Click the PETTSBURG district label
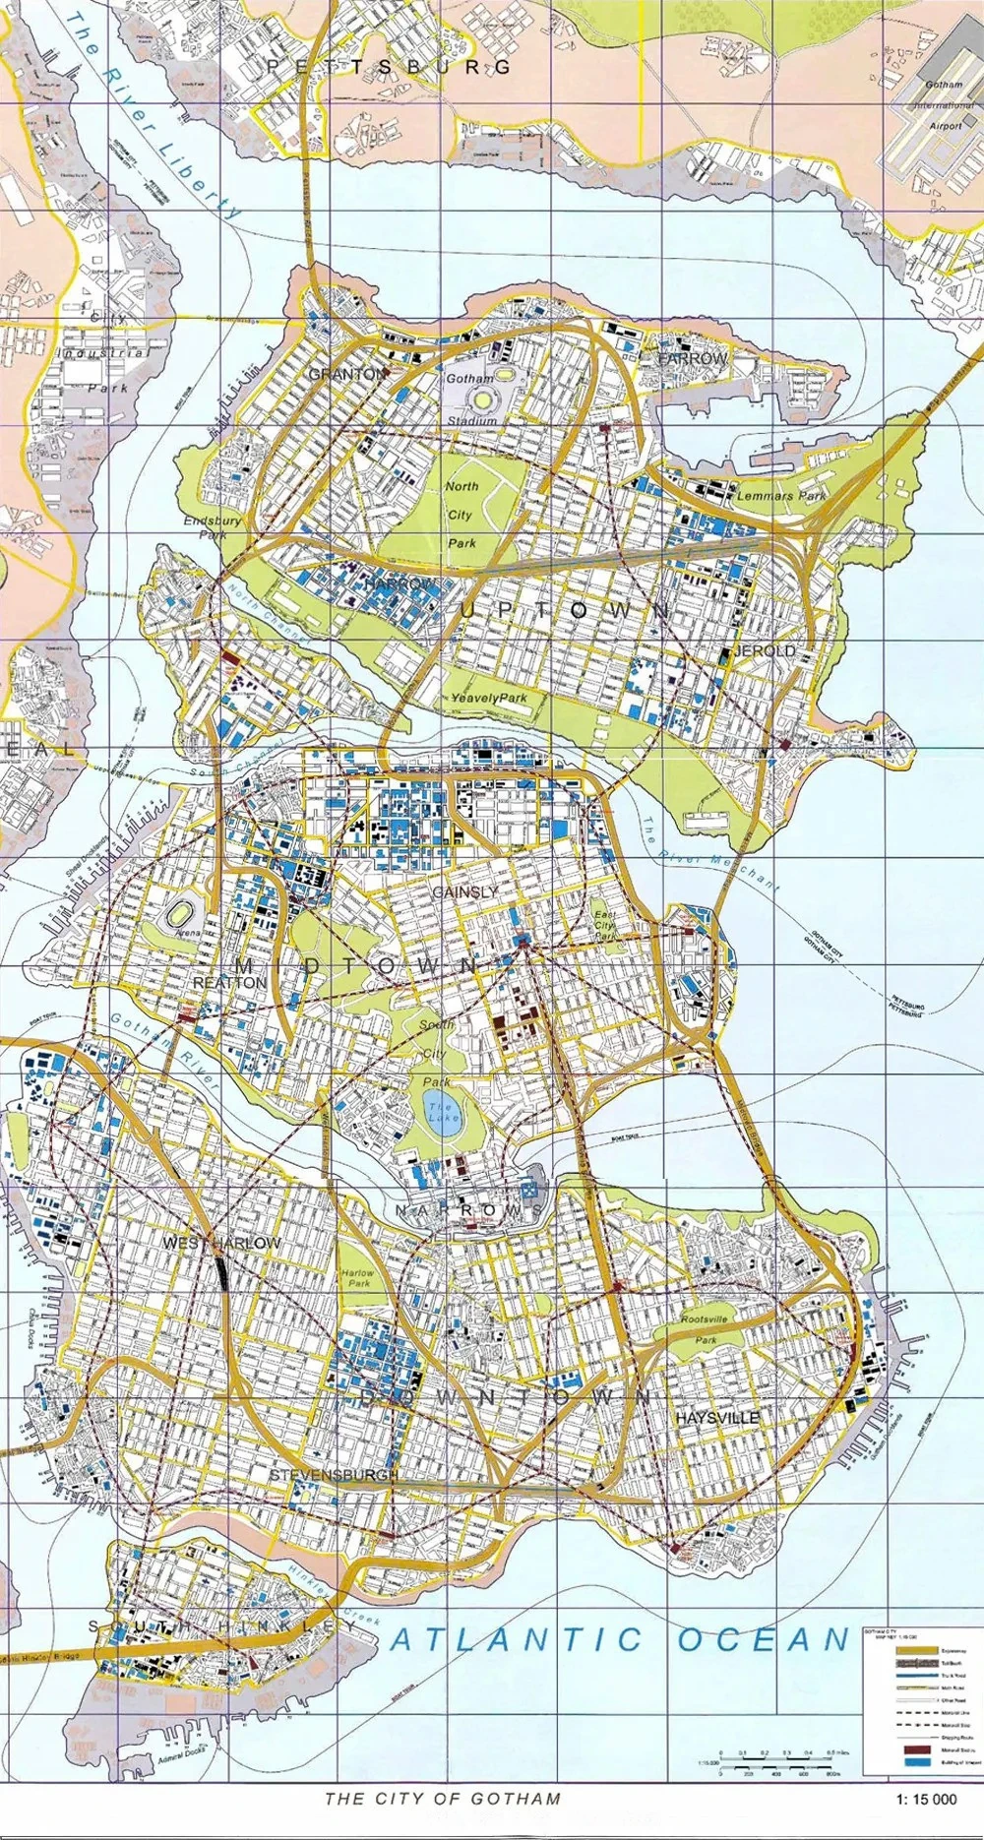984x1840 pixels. (389, 67)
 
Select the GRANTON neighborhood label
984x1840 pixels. (347, 374)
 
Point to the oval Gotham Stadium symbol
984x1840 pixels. (485, 399)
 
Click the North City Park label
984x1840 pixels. (461, 515)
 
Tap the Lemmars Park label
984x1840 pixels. (782, 496)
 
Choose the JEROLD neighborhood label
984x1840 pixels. (765, 651)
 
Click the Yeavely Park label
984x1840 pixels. (489, 698)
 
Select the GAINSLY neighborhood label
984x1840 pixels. (464, 891)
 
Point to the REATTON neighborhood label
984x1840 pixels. (229, 983)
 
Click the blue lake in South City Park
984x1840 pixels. (443, 1115)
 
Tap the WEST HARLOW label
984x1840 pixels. (221, 1244)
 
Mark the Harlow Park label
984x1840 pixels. (358, 1278)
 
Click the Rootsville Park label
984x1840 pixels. (705, 1328)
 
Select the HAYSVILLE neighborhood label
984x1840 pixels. (717, 1418)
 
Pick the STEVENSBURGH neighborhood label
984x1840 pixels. (335, 1476)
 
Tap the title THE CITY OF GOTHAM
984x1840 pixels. (443, 1799)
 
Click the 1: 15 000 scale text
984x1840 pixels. (926, 1799)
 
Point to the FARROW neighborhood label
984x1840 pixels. (692, 359)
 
